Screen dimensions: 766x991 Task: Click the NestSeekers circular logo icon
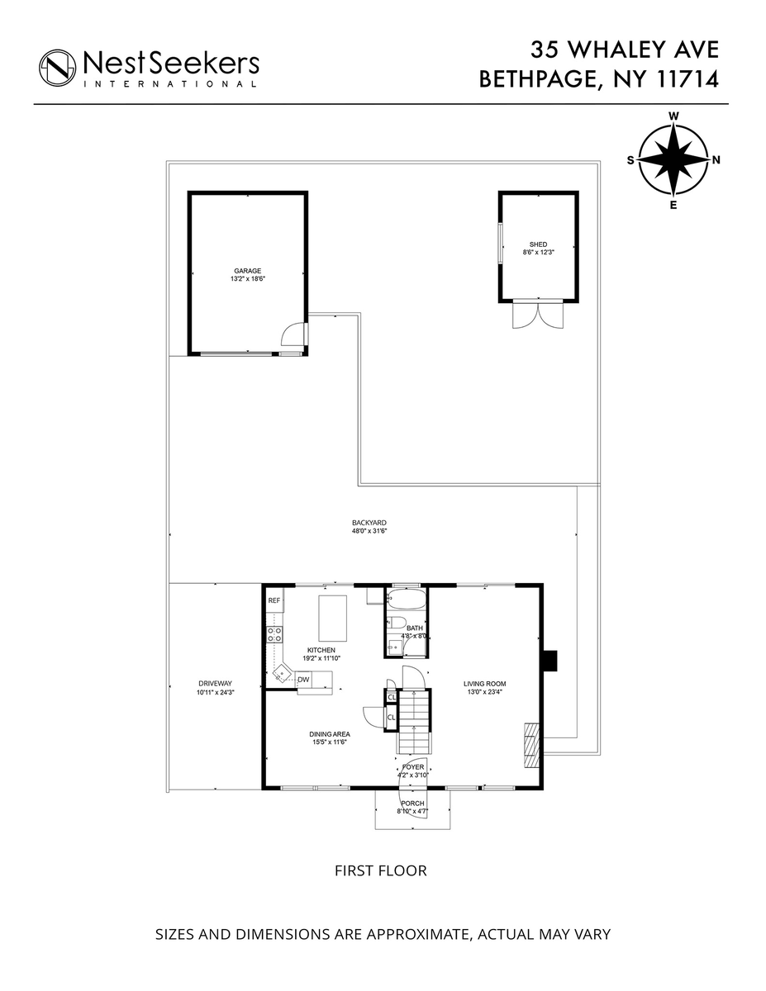pos(57,68)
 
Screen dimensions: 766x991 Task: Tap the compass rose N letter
pos(716,159)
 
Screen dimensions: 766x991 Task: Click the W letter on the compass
pos(673,116)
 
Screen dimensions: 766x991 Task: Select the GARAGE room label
pos(247,271)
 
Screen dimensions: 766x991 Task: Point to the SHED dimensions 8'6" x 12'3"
pos(538,252)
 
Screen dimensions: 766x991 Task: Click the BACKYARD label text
pos(369,523)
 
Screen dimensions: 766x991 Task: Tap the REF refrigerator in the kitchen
pos(274,600)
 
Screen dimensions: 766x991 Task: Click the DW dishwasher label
pos(303,680)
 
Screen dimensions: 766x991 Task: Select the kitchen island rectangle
pos(332,618)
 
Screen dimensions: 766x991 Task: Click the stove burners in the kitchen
pos(274,634)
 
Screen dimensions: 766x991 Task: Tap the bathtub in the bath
pos(406,598)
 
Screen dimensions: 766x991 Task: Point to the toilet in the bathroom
pos(396,623)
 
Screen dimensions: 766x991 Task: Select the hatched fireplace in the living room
pos(530,745)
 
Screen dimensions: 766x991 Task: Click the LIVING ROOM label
pos(484,684)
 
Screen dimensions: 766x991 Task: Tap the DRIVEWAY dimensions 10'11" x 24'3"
pos(216,692)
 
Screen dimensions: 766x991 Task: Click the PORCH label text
pos(412,803)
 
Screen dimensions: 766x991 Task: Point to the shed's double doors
pos(538,315)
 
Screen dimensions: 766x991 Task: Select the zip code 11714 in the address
pos(687,79)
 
